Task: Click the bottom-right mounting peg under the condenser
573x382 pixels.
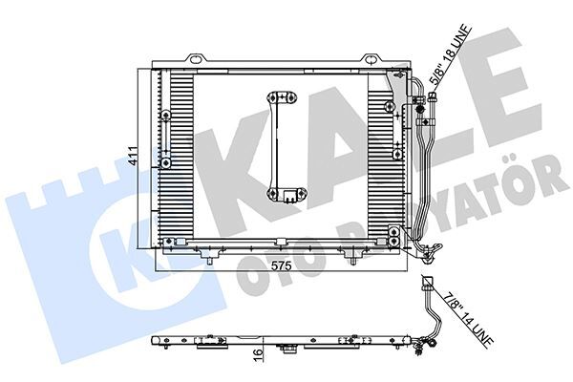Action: [354, 258]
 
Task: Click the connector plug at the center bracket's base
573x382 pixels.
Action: [286, 198]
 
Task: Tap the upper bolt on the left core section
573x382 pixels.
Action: [166, 116]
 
